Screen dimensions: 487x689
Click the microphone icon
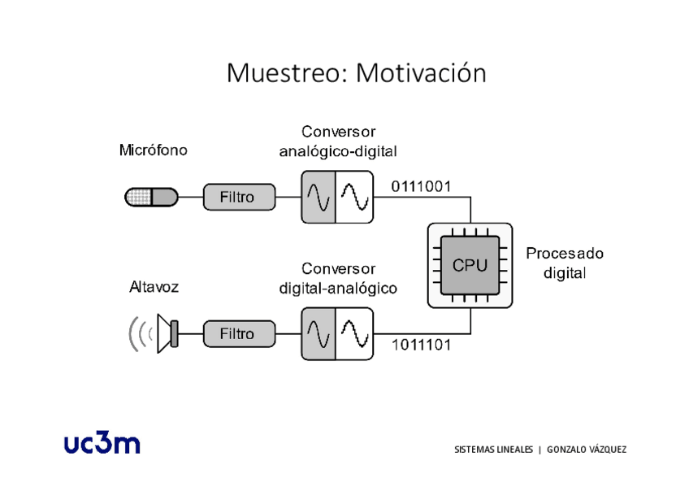[x=151, y=197]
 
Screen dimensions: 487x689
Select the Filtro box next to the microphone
[x=236, y=197]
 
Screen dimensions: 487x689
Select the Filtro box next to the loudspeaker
[x=236, y=333]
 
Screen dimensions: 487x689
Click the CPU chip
[x=470, y=265]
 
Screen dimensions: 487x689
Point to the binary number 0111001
[x=421, y=186]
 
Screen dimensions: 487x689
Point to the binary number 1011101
[x=421, y=345]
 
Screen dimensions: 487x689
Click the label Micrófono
[x=153, y=150]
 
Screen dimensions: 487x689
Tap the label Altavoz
[x=154, y=287]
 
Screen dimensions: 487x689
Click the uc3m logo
[x=102, y=443]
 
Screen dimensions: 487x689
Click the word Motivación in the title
[x=421, y=73]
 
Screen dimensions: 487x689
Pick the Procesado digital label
[x=565, y=263]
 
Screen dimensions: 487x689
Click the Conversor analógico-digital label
[x=338, y=141]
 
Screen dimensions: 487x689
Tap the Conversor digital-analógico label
[x=338, y=278]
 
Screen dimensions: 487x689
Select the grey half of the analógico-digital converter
[x=318, y=197]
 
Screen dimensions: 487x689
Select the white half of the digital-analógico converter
[x=354, y=333]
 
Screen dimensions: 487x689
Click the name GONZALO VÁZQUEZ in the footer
[x=587, y=450]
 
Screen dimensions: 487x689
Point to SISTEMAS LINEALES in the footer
[x=494, y=450]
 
